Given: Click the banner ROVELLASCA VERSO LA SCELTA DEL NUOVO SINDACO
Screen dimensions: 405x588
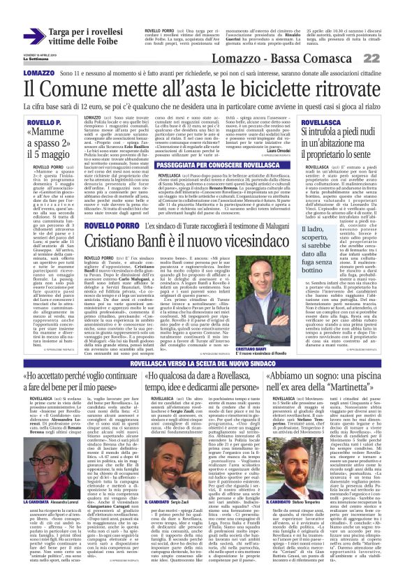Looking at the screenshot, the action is pos(202,364).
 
